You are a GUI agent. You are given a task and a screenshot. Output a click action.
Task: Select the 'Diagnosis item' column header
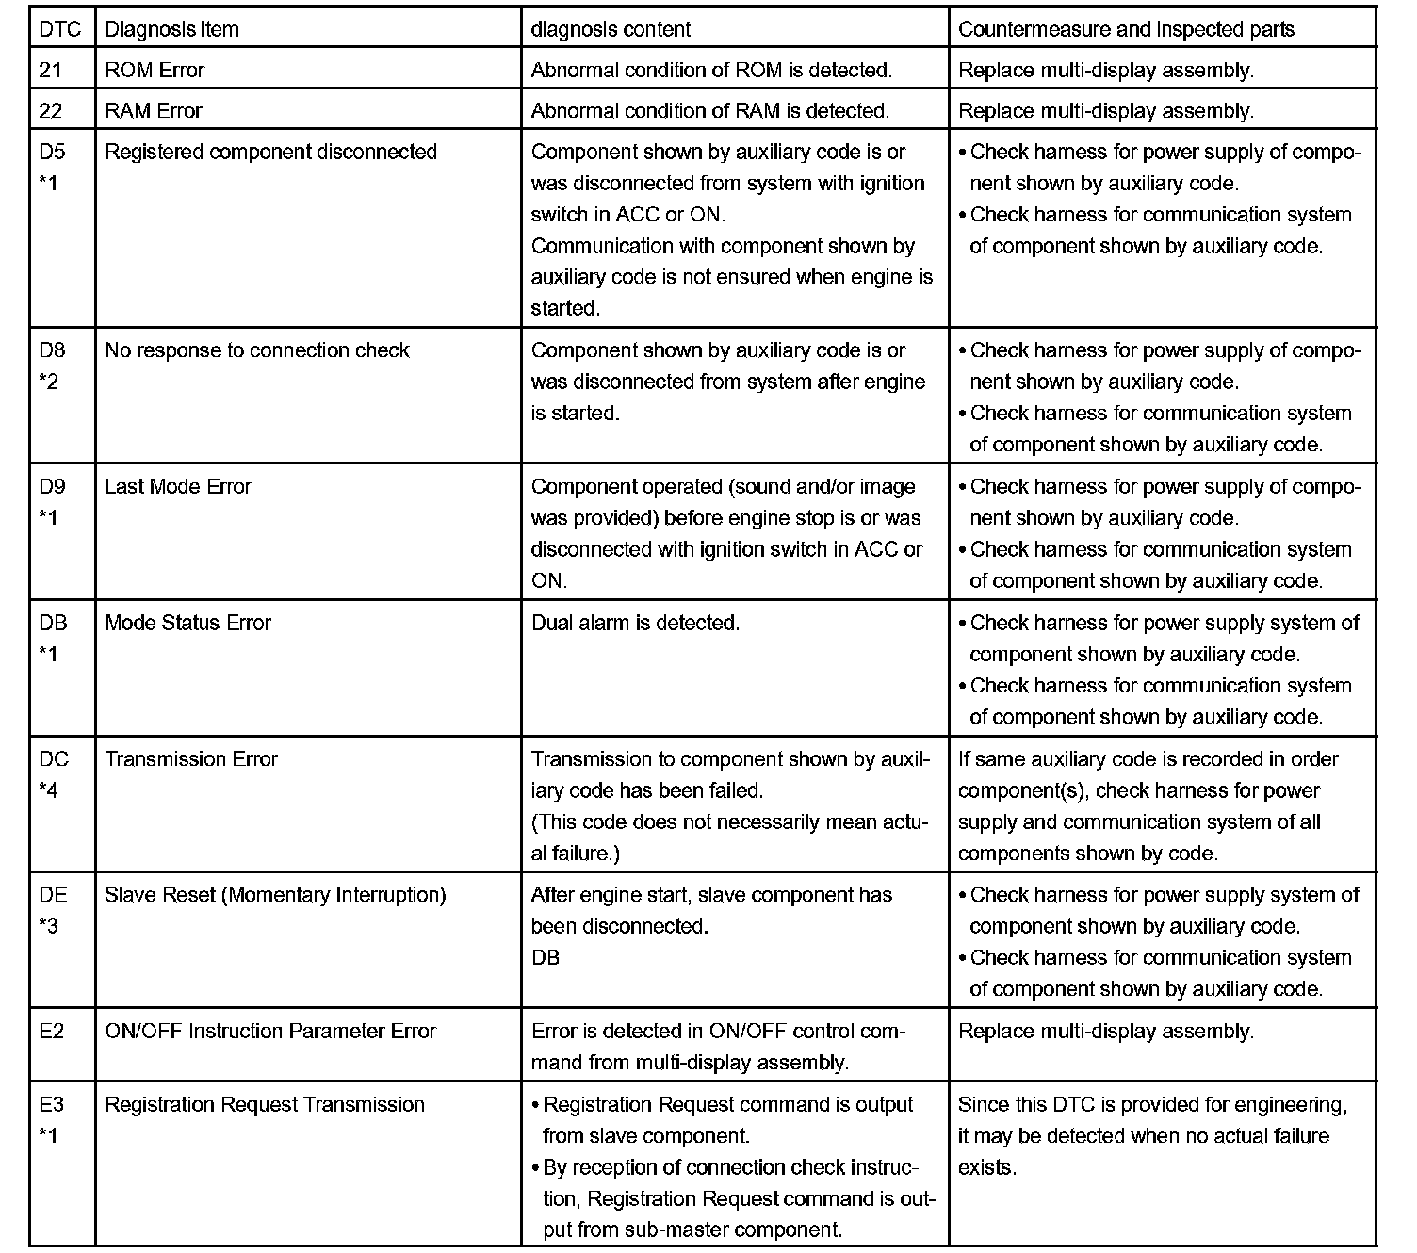pos(171,29)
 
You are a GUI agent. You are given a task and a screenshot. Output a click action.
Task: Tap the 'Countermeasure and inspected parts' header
pos(1126,29)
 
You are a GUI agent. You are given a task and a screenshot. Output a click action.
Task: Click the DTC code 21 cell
pos(51,70)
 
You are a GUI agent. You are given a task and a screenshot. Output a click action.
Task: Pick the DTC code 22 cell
pos(51,111)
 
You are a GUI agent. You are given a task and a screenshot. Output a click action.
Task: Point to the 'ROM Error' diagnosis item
pos(155,70)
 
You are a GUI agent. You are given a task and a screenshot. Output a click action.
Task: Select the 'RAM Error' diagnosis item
pos(154,111)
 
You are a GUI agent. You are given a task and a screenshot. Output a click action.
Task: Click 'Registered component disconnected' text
pos(270,152)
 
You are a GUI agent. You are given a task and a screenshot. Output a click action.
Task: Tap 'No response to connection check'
pos(257,350)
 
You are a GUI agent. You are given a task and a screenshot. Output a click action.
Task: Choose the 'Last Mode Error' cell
pos(178,487)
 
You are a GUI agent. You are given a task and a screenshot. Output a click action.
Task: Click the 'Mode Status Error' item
pos(187,623)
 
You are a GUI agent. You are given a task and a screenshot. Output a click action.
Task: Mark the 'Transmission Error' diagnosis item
pos(191,759)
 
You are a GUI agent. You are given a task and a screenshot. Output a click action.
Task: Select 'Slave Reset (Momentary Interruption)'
pos(275,895)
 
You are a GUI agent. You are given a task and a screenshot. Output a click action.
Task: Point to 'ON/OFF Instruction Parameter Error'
pos(270,1031)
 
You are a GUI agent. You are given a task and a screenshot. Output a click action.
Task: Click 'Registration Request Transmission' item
pos(265,1104)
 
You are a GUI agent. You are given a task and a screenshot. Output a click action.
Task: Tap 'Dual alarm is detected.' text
pos(635,623)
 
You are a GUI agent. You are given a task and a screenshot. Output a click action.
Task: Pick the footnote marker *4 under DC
pos(48,790)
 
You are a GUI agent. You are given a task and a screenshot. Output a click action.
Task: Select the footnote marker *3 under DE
pos(48,926)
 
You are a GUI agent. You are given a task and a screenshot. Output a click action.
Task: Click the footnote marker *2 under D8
pos(48,382)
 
